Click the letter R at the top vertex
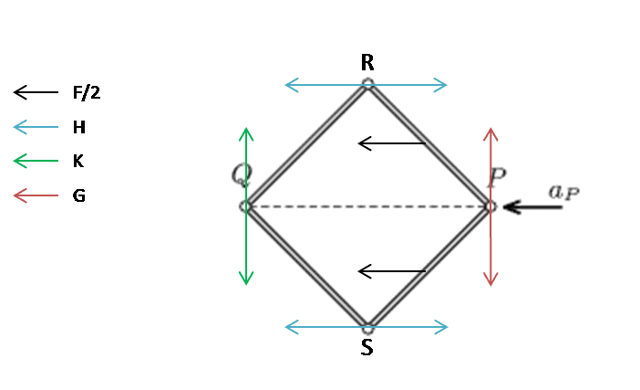pyautogui.click(x=367, y=63)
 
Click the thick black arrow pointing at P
pyautogui.click(x=532, y=207)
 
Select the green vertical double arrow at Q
pyautogui.click(x=245, y=206)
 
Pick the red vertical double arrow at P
pyautogui.click(x=491, y=206)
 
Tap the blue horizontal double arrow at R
pyautogui.click(x=366, y=86)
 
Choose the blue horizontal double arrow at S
pyautogui.click(x=366, y=326)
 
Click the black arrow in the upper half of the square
pyautogui.click(x=391, y=143)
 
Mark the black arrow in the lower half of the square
pyautogui.click(x=391, y=271)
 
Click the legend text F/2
pyautogui.click(x=86, y=92)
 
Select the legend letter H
pyautogui.click(x=79, y=127)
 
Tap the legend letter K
pyautogui.click(x=78, y=161)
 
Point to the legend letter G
pyautogui.click(x=79, y=195)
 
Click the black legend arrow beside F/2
pyautogui.click(x=35, y=92)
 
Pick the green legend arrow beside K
pyautogui.click(x=35, y=162)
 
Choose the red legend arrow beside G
pyautogui.click(x=35, y=195)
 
